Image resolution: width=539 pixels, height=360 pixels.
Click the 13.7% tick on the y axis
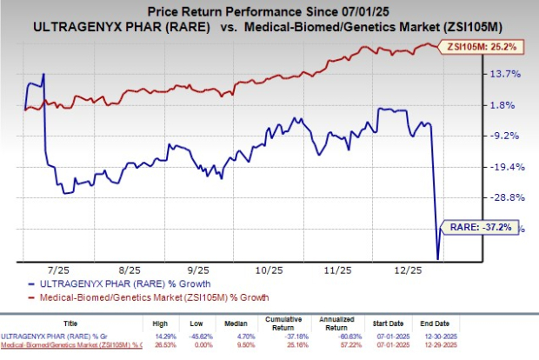508,74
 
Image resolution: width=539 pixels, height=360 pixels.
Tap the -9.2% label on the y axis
509,136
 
